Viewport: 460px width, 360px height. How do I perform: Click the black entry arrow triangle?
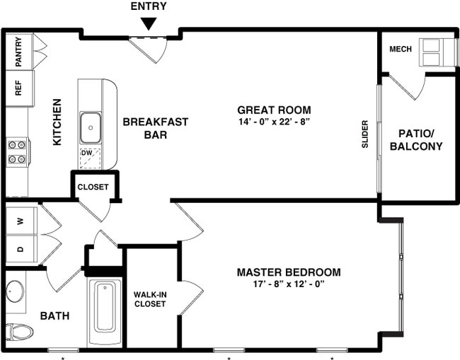[148, 23]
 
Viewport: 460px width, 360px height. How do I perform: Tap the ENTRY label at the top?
[148, 7]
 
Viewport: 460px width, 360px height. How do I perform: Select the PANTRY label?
[18, 52]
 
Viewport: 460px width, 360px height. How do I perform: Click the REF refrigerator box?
[18, 88]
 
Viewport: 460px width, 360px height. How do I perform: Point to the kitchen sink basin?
[90, 128]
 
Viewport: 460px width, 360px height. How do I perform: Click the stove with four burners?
[17, 152]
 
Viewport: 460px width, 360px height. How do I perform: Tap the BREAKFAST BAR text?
[156, 128]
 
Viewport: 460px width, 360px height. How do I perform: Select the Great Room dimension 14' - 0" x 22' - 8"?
[274, 122]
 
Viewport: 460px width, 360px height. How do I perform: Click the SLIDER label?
[365, 134]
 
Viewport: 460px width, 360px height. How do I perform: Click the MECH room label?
[401, 49]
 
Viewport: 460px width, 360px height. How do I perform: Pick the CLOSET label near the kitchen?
[93, 187]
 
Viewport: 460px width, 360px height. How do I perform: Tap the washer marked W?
[21, 220]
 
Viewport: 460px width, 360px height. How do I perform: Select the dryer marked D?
[21, 248]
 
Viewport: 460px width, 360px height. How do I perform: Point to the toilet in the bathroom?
[19, 331]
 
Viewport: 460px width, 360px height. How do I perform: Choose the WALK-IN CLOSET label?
[149, 299]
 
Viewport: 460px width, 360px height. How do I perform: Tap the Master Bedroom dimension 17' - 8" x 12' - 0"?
[289, 285]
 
